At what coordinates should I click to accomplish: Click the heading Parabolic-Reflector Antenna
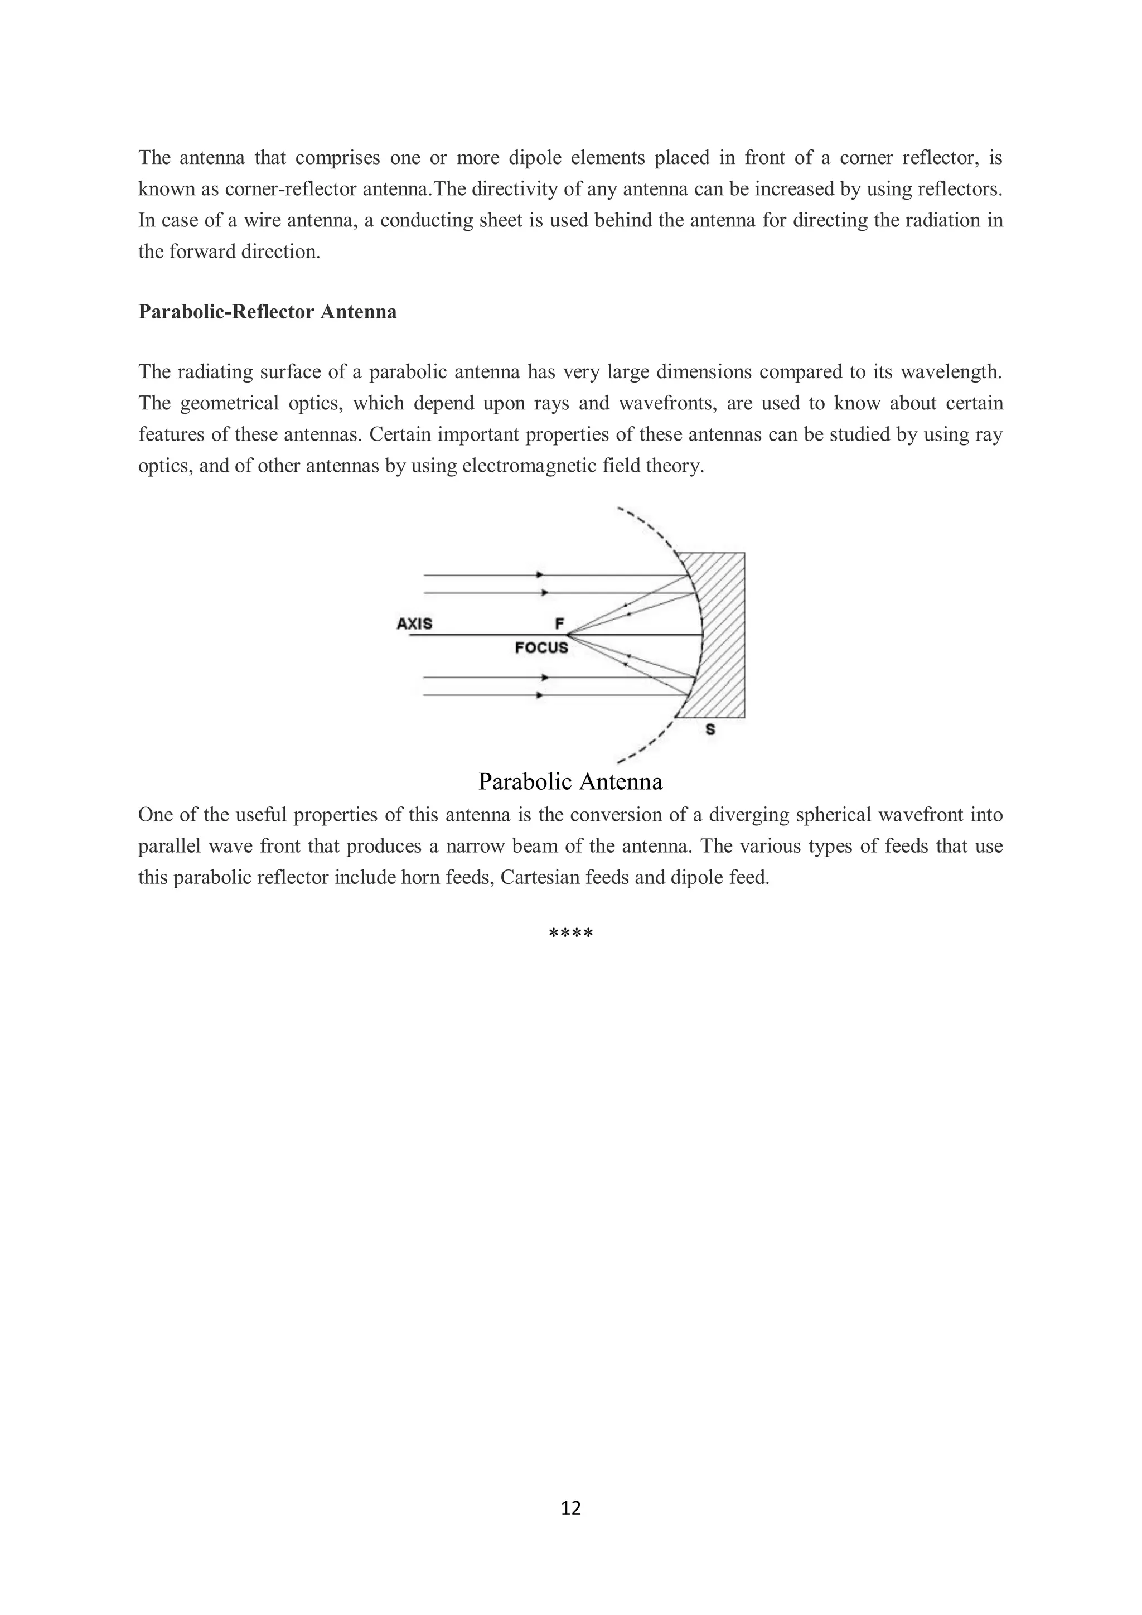click(267, 312)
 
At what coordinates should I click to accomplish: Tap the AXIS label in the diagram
click(414, 623)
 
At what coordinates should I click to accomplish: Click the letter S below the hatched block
click(710, 730)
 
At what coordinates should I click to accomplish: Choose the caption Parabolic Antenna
click(570, 781)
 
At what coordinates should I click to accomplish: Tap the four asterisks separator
click(570, 934)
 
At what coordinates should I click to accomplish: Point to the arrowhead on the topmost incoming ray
click(540, 575)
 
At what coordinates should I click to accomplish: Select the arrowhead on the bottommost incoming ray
click(540, 695)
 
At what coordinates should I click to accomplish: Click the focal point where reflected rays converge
click(567, 635)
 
